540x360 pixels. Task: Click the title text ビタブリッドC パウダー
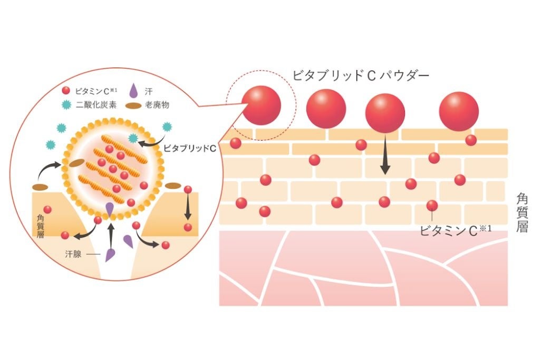tap(361, 76)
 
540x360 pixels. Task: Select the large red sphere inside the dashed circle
tap(262, 105)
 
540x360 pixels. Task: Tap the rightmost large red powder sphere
tap(459, 111)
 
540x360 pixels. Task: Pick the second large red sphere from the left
tap(326, 108)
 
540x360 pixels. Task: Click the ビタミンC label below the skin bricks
tap(457, 230)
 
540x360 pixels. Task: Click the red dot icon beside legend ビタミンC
tap(66, 91)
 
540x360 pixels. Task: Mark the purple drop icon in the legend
tap(133, 91)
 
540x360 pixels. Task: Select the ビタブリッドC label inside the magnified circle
tap(188, 149)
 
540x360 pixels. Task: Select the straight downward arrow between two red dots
tap(187, 208)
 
